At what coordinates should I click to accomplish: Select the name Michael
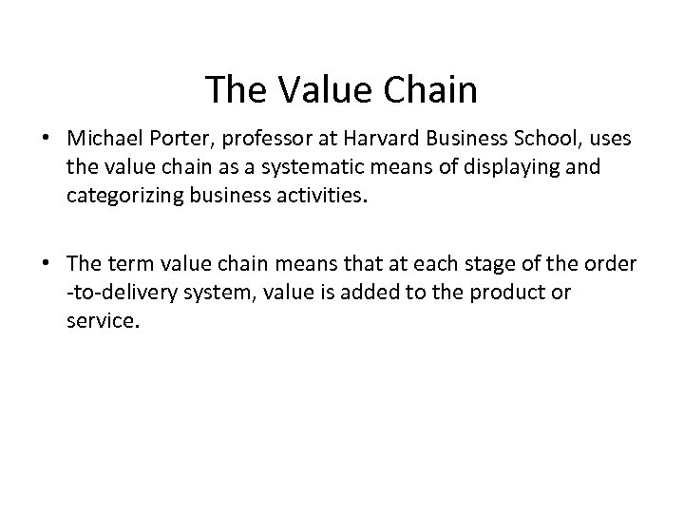[100, 140]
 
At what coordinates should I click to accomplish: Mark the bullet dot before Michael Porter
[46, 141]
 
